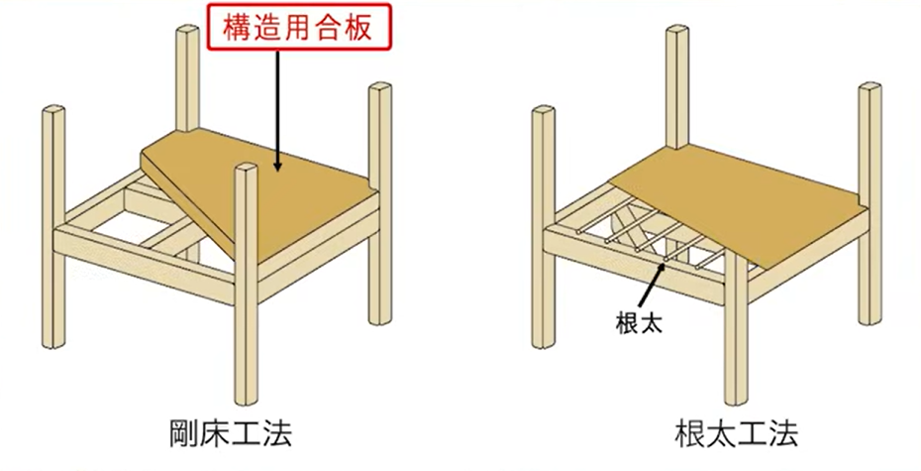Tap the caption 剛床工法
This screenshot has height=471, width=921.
[x=230, y=434]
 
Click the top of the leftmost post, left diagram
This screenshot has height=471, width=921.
[x=53, y=109]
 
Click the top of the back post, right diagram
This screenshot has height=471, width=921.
[x=677, y=33]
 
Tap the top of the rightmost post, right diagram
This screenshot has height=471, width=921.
[x=870, y=90]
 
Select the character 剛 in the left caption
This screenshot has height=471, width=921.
[x=183, y=434]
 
